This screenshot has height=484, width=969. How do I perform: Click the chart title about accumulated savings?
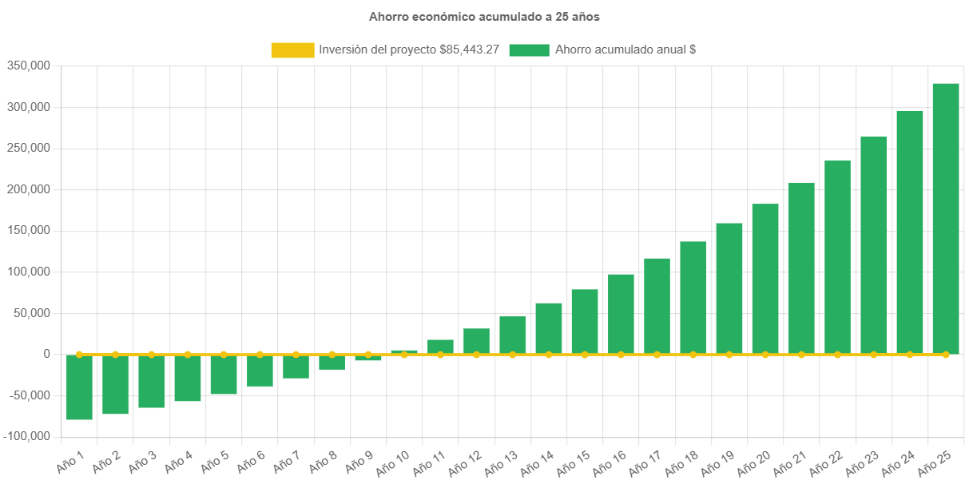484,16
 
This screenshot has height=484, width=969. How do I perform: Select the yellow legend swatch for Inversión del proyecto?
292,50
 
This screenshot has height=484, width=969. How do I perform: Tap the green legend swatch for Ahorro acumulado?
529,50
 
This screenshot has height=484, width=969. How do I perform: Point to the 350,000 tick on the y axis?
29,65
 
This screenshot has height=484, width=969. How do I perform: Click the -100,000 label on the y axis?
26,436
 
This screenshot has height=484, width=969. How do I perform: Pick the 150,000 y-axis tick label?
29,230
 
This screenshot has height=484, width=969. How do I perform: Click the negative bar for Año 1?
79,387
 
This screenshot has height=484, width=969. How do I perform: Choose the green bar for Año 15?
585,321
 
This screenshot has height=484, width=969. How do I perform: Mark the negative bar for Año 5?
224,375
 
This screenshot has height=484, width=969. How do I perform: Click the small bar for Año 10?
404,351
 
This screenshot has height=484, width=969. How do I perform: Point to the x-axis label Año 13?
502,462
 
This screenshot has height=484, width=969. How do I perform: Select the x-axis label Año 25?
935,462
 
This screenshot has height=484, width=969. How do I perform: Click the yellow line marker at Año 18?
693,354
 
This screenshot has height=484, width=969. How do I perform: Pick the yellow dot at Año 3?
152,354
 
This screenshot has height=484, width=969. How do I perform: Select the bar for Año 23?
873,244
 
